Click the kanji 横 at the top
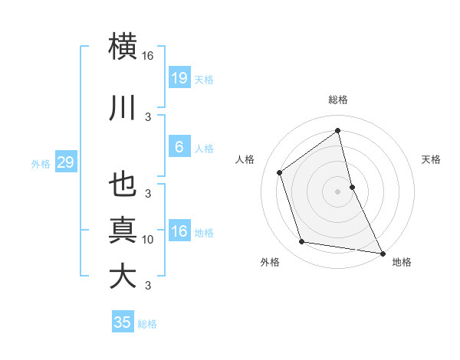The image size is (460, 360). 123,46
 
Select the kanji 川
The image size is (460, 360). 123,110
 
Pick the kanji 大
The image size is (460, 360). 123,275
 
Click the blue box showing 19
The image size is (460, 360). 179,78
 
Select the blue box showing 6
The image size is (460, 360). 179,147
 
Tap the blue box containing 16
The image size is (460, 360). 179,232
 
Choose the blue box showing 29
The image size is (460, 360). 65,162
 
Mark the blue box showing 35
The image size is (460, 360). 123,322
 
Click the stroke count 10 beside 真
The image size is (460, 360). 148,240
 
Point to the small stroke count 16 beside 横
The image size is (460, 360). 148,56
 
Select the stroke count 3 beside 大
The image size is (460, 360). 148,286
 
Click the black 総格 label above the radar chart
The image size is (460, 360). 337,100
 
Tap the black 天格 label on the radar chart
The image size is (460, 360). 431,159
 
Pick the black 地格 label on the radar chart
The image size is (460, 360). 402,262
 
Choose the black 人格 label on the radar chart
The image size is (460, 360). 245,159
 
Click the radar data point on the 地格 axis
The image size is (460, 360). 382,253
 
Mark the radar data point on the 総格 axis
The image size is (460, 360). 337,130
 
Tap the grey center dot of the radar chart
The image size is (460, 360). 337,191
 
